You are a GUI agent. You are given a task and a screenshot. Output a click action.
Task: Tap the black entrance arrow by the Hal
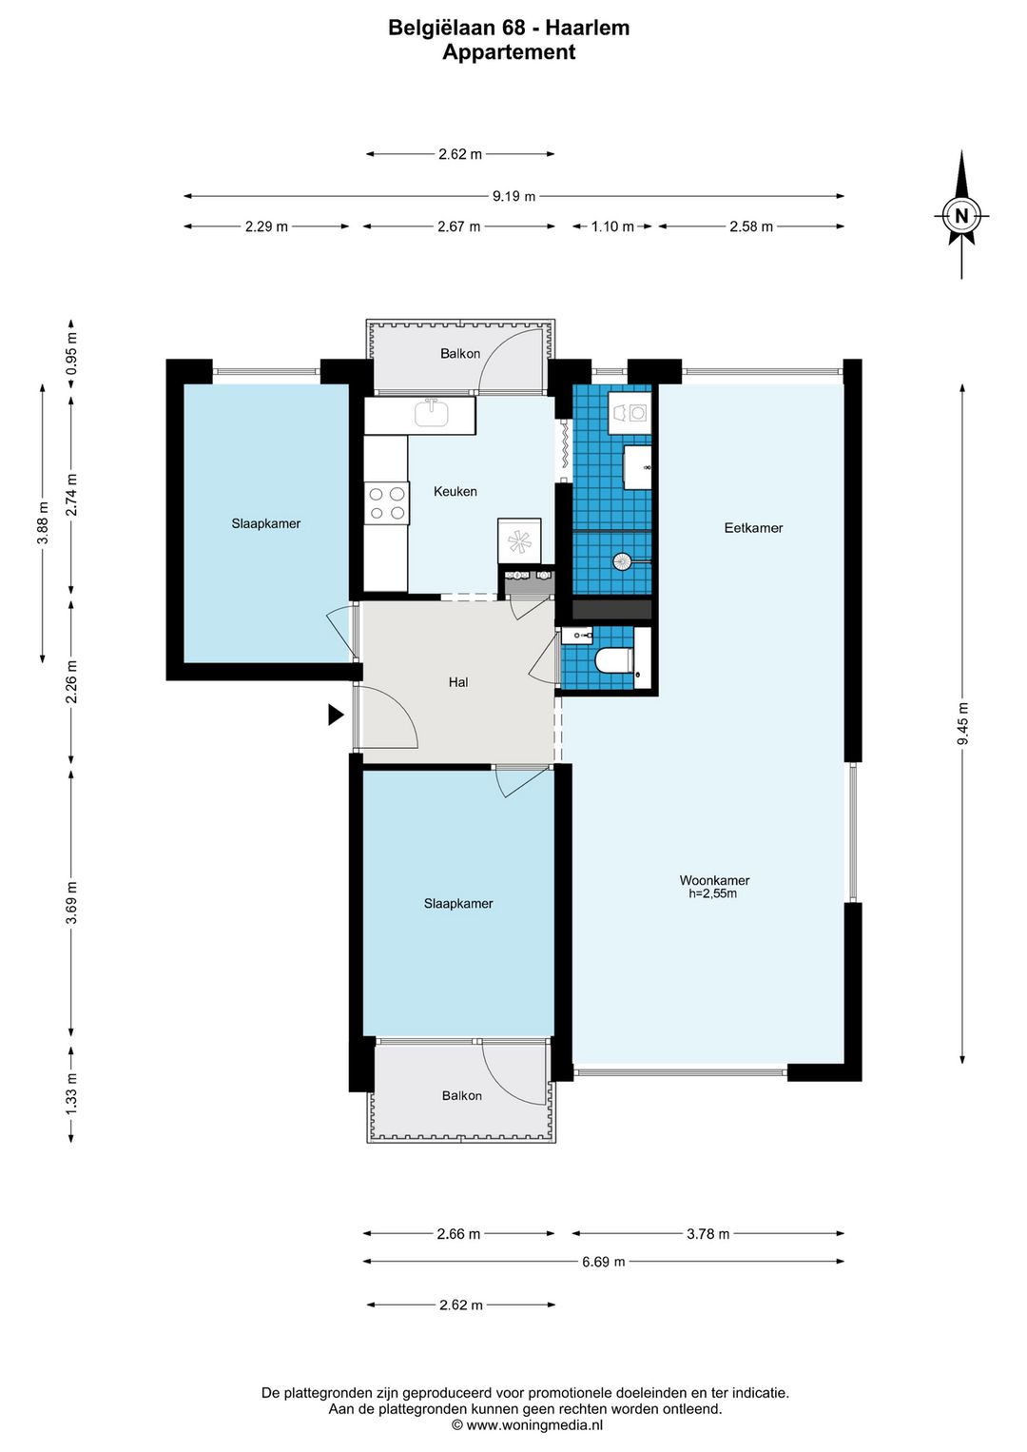pyautogui.click(x=335, y=715)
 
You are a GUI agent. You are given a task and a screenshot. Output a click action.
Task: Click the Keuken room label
pyautogui.click(x=455, y=491)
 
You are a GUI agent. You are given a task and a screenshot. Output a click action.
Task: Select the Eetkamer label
pyautogui.click(x=753, y=528)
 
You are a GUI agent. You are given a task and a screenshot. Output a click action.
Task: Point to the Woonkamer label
pyautogui.click(x=714, y=880)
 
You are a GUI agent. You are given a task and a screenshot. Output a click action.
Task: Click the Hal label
pyautogui.click(x=458, y=682)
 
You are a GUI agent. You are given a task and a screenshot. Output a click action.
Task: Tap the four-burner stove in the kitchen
pyautogui.click(x=386, y=503)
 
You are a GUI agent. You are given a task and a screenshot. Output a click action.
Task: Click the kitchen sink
pyautogui.click(x=431, y=413)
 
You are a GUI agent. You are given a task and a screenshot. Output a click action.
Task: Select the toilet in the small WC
pyautogui.click(x=613, y=660)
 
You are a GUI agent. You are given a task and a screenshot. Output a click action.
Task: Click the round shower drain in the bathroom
pyautogui.click(x=621, y=561)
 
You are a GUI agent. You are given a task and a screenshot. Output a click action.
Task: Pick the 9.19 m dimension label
pyautogui.click(x=513, y=196)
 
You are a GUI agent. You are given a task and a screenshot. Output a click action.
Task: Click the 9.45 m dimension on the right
pyautogui.click(x=962, y=724)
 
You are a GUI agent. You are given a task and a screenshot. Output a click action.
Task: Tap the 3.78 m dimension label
pyautogui.click(x=707, y=1233)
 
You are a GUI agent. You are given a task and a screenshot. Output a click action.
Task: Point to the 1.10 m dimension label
pyautogui.click(x=612, y=226)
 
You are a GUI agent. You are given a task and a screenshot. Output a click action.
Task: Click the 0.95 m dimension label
pyautogui.click(x=71, y=353)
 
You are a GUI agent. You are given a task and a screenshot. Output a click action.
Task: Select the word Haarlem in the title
pyautogui.click(x=587, y=28)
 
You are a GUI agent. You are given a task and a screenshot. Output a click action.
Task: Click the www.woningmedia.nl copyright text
pyautogui.click(x=527, y=1425)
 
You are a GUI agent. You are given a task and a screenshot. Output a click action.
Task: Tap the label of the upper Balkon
pyautogui.click(x=460, y=353)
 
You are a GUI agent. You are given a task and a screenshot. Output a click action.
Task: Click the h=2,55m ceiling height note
pyautogui.click(x=712, y=893)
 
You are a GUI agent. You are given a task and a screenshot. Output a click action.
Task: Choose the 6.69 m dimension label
pyautogui.click(x=603, y=1262)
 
